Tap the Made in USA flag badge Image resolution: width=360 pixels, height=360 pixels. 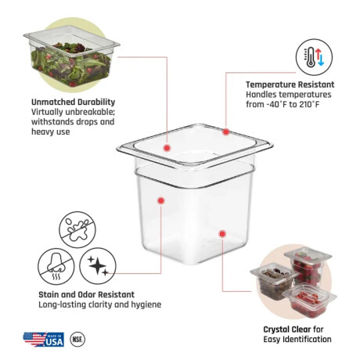click(44, 339)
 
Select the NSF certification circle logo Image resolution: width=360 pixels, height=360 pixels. click(77, 340)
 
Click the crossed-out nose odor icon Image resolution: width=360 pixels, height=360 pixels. click(56, 266)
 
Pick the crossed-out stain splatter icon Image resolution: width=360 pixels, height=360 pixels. click(77, 230)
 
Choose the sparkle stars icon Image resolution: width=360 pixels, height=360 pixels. click(98, 266)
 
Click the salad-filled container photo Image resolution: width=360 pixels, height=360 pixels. click(71, 56)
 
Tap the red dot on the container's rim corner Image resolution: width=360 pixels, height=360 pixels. click(226, 131)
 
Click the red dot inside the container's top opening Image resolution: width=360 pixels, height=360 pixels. click(167, 148)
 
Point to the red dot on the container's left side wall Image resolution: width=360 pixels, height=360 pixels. click(161, 200)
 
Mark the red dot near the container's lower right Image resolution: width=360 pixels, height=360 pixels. click(222, 234)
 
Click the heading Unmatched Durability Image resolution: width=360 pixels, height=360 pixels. click(73, 102)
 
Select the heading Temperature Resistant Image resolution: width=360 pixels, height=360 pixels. click(290, 85)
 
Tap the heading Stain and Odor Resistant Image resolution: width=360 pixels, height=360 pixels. click(86, 294)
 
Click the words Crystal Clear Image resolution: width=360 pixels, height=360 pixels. click(287, 329)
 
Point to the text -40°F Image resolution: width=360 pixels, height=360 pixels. click(277, 104)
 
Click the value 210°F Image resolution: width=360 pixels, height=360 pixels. click(309, 104)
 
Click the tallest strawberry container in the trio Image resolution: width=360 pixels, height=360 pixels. click(308, 266)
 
